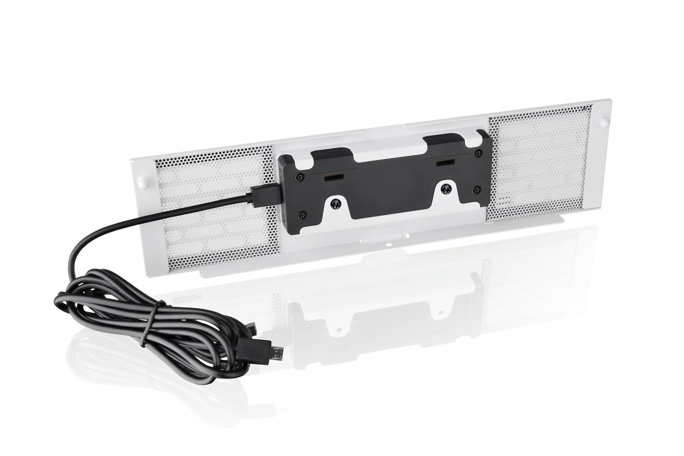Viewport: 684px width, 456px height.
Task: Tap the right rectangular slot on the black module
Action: click(444, 162)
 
